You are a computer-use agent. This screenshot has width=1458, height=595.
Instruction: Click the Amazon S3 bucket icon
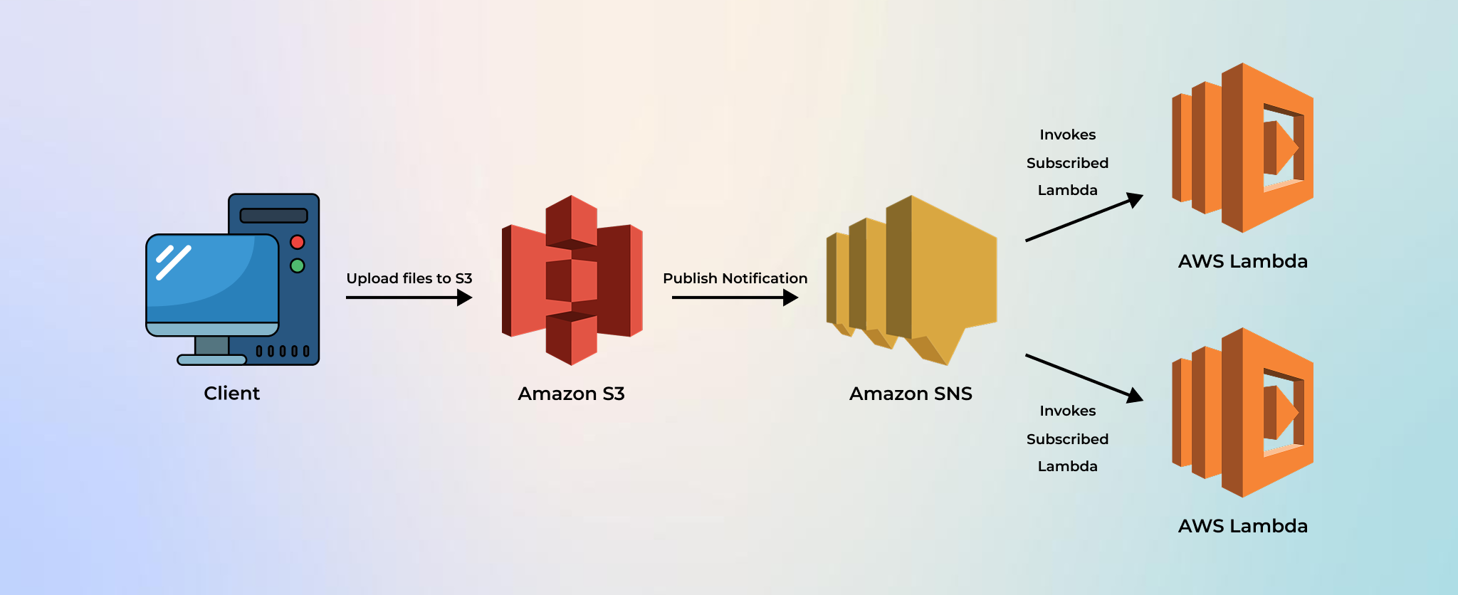[x=572, y=280]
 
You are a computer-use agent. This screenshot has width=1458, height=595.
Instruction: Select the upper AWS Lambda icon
[x=1243, y=148]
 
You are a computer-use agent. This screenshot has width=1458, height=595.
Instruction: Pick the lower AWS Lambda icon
[x=1243, y=413]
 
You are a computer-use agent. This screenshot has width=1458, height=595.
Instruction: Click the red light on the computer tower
[x=298, y=242]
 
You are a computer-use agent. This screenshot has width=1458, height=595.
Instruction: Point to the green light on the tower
[x=298, y=265]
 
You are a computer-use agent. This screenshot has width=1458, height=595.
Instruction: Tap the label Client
[x=231, y=394]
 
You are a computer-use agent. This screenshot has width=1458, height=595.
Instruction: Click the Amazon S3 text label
[x=571, y=394]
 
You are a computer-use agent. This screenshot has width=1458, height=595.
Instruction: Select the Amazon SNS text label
[x=911, y=394]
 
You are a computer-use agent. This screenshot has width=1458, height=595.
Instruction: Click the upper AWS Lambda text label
[x=1242, y=261]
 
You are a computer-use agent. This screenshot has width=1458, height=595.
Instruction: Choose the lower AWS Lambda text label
[x=1242, y=526]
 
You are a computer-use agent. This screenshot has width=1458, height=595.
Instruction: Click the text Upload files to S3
[x=409, y=278]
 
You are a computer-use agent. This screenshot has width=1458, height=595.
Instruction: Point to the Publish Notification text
[x=735, y=278]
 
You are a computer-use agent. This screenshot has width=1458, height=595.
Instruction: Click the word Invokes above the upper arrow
[x=1067, y=135]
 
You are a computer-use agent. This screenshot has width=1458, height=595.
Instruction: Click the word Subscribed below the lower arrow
[x=1067, y=439]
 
